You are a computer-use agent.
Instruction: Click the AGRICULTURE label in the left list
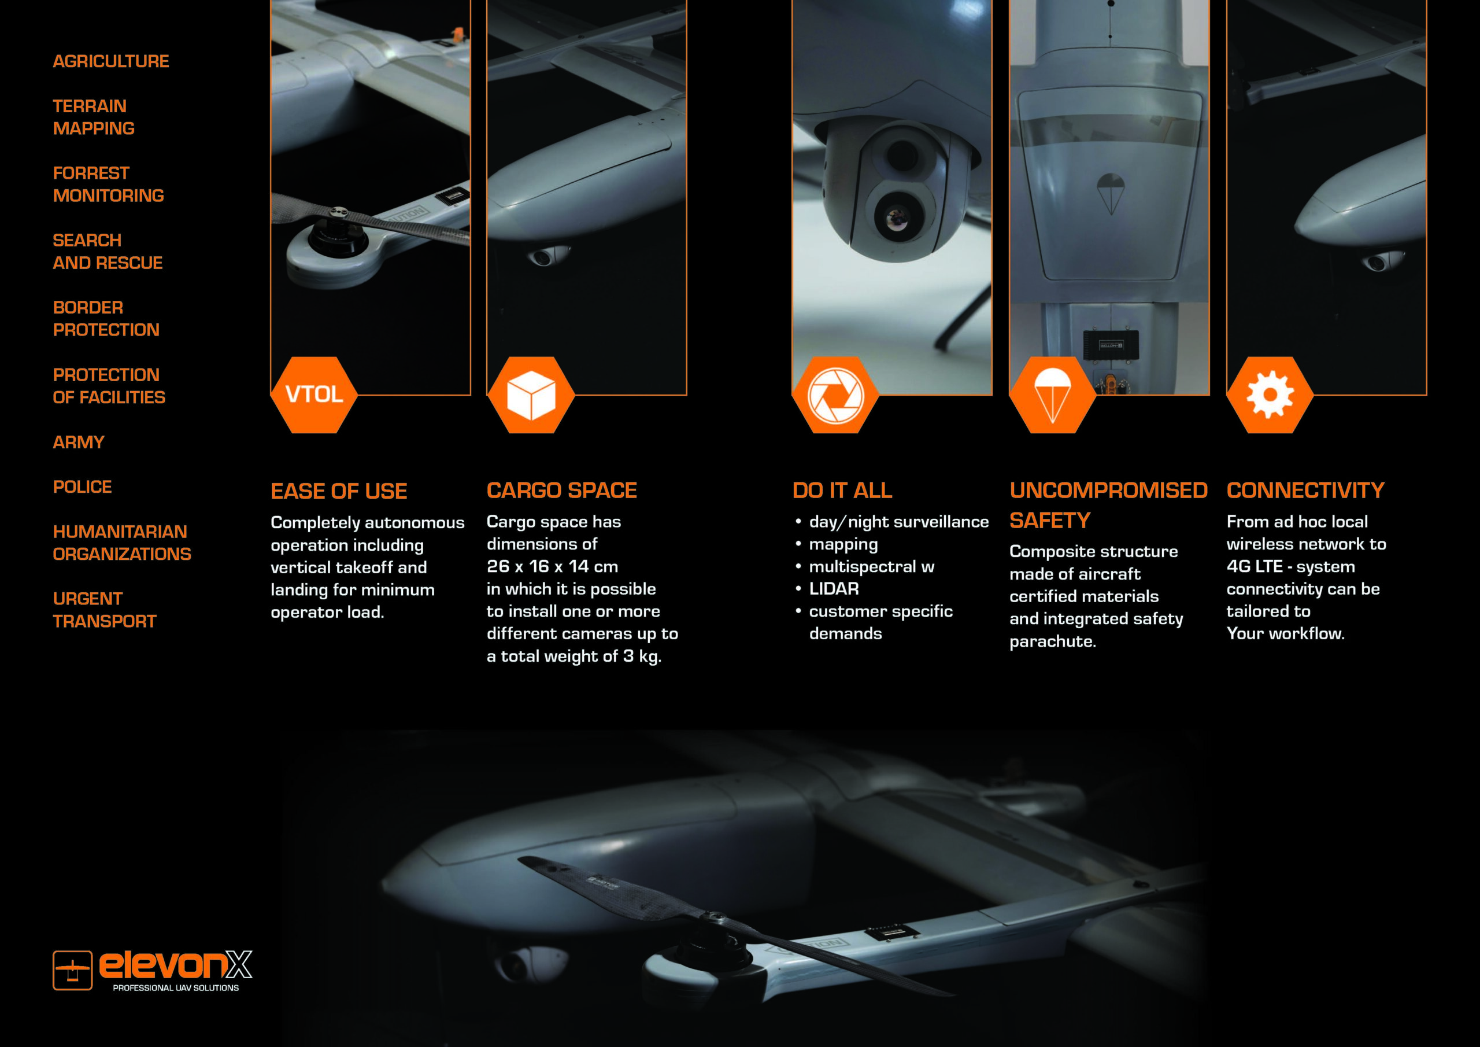[x=111, y=61]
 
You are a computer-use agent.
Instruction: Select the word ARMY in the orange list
[x=79, y=442]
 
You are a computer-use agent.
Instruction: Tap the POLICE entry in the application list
[x=83, y=487]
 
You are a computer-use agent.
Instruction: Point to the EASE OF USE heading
[x=339, y=492]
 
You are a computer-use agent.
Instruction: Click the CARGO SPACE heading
[x=562, y=491]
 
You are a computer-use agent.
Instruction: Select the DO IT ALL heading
[x=842, y=491]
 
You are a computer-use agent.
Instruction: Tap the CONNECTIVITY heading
[x=1305, y=491]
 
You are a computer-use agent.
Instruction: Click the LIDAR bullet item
[x=834, y=589]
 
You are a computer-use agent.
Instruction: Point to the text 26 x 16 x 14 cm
[x=553, y=566]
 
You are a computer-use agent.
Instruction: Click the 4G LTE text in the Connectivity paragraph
[x=1255, y=566]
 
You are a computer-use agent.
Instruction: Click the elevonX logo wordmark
[x=175, y=964]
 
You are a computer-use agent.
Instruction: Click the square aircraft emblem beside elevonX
[x=72, y=970]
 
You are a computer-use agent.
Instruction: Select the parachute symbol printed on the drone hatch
[x=1111, y=194]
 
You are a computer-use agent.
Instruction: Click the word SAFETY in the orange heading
[x=1050, y=521]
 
